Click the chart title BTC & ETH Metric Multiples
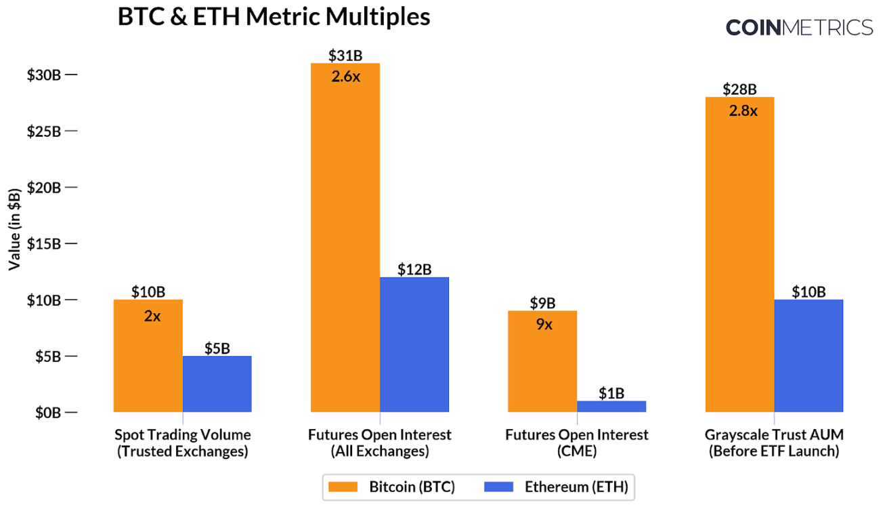[x=274, y=16]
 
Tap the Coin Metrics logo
[x=799, y=27]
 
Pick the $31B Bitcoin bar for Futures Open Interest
[x=345, y=237]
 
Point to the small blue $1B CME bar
[x=611, y=406]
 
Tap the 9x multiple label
[x=543, y=325]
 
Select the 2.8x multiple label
[x=743, y=110]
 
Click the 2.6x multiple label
[x=346, y=77]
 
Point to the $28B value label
[x=739, y=89]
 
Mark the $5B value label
[x=217, y=348]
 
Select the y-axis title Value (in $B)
[x=14, y=228]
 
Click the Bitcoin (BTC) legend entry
[x=391, y=487]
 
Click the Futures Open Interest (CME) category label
[x=577, y=443]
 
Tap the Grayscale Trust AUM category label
[x=774, y=443]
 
